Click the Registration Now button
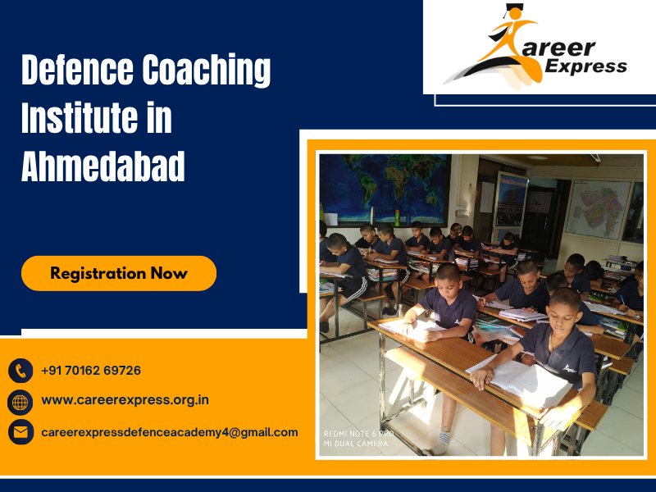click(x=119, y=273)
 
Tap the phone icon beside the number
click(x=20, y=371)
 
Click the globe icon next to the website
click(x=20, y=401)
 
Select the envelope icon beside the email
click(x=20, y=431)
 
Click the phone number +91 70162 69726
click(x=91, y=371)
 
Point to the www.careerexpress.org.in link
click(x=125, y=400)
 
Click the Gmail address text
click(x=170, y=431)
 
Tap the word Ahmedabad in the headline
click(x=102, y=166)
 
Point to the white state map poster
click(x=598, y=209)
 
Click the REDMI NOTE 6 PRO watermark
click(x=358, y=433)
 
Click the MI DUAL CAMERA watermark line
click(x=358, y=444)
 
